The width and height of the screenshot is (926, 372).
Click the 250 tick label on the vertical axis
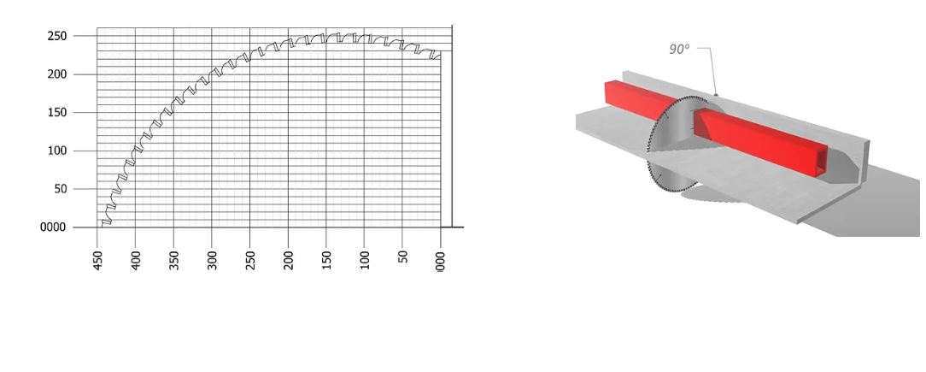(x=57, y=36)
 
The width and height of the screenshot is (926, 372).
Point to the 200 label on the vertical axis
(x=57, y=74)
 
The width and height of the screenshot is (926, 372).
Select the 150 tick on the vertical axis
(x=57, y=113)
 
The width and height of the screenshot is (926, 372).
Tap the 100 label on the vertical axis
(x=57, y=151)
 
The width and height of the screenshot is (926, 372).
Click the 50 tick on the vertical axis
(x=61, y=189)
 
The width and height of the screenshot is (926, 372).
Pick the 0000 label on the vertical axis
(x=53, y=227)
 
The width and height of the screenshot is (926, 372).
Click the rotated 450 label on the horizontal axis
(x=98, y=260)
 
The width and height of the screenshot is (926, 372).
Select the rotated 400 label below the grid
(x=136, y=260)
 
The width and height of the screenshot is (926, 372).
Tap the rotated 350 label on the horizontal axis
(x=174, y=260)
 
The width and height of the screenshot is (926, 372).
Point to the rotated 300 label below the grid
(x=213, y=260)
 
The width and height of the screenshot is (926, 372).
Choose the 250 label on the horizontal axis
(x=251, y=260)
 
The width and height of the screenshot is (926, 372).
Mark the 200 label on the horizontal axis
(x=290, y=260)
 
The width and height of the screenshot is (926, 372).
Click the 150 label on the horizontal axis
(x=327, y=260)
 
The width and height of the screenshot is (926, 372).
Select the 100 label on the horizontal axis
(x=366, y=260)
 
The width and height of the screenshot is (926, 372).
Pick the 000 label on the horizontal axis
(x=441, y=260)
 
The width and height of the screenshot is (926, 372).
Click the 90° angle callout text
(x=678, y=50)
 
